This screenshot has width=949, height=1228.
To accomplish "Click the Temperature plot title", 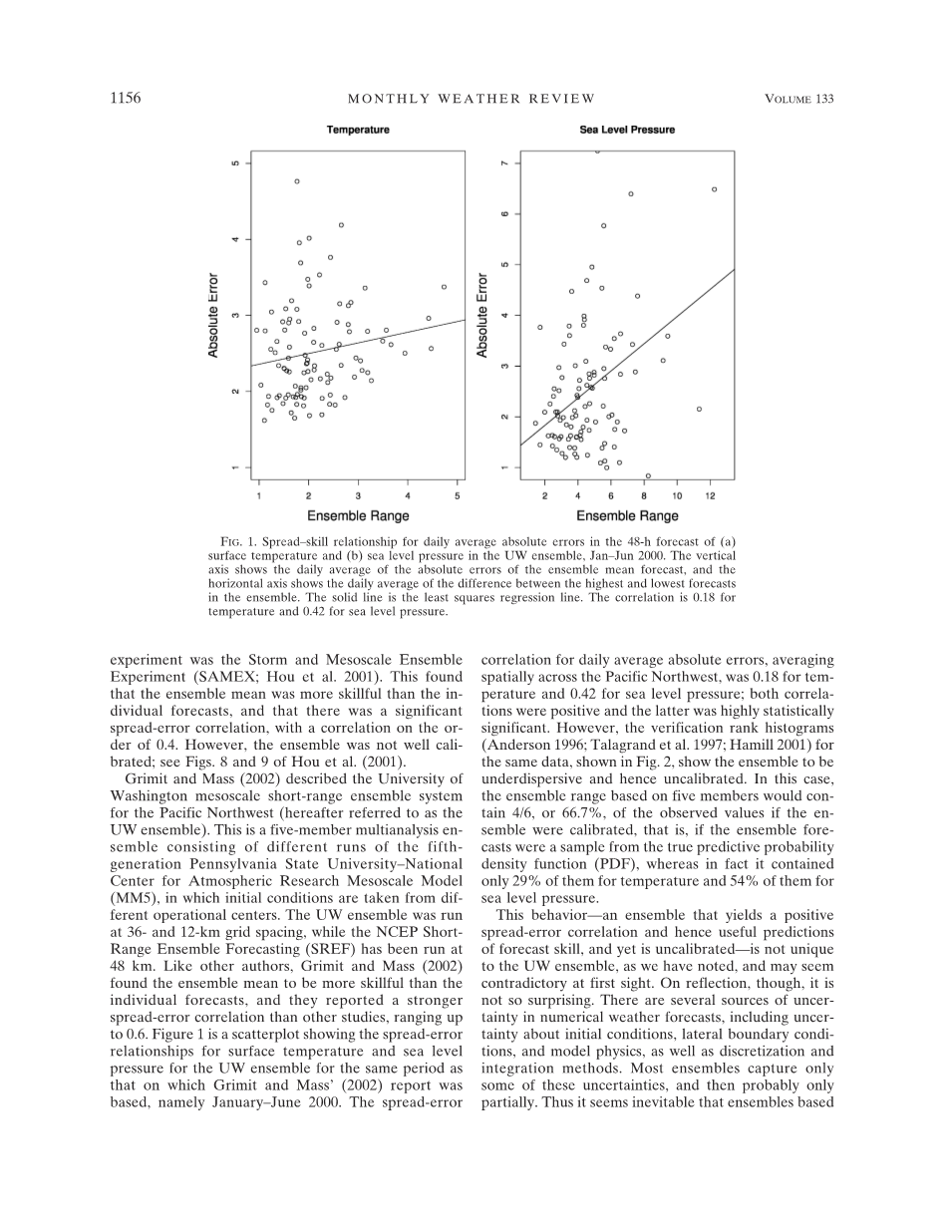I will [x=358, y=131].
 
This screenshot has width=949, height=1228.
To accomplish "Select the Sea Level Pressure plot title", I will [x=627, y=131].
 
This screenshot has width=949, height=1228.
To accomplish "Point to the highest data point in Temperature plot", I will [x=297, y=181].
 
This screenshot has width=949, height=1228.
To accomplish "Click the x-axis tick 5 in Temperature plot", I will [x=458, y=495].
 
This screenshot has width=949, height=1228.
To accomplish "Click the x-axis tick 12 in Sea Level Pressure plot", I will [x=710, y=495].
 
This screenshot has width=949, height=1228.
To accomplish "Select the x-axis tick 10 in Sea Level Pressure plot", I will [x=677, y=495].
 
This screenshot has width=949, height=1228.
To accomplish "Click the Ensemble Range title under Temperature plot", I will [x=358, y=516].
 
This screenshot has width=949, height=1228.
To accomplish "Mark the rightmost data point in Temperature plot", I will [x=444, y=287].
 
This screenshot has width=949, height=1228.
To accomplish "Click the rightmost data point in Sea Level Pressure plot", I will [x=714, y=189].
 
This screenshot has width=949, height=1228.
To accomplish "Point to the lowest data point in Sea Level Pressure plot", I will [x=648, y=475].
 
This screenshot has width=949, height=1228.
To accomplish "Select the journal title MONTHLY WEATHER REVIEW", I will [x=471, y=99].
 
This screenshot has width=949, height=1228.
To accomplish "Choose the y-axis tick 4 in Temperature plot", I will [x=236, y=239].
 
